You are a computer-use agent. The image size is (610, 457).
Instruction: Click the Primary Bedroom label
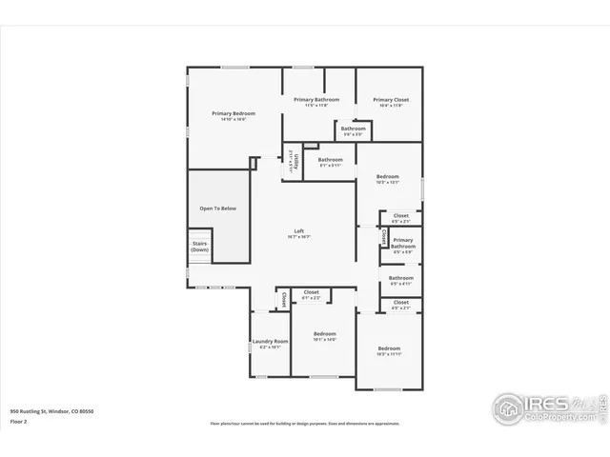pyautogui.click(x=233, y=113)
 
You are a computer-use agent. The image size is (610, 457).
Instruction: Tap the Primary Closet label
pyautogui.click(x=390, y=100)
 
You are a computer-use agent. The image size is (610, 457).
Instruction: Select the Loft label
pyautogui.click(x=298, y=231)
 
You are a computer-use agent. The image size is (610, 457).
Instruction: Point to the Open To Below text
pyautogui.click(x=217, y=208)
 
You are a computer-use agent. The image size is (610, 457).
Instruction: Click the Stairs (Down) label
pyautogui.click(x=199, y=246)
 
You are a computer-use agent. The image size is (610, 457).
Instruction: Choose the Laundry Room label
pyautogui.click(x=270, y=342)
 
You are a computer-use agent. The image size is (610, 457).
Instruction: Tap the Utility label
pyautogui.click(x=297, y=160)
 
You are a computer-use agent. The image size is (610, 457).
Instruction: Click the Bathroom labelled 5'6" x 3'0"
pyautogui.click(x=354, y=129)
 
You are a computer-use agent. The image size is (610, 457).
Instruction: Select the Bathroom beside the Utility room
pyautogui.click(x=331, y=160)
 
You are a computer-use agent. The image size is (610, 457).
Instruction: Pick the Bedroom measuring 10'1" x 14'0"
pyautogui.click(x=325, y=334)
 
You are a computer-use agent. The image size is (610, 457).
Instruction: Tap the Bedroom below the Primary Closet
pyautogui.click(x=387, y=177)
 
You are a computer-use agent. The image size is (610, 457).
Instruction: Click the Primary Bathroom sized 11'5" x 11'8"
pyautogui.click(x=316, y=100)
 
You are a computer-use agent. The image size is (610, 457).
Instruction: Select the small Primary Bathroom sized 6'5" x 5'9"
pyautogui.click(x=402, y=244)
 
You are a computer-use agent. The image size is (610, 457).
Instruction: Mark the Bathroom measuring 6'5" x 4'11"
pyautogui.click(x=401, y=279)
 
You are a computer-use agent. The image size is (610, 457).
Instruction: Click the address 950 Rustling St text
pyautogui.click(x=52, y=411)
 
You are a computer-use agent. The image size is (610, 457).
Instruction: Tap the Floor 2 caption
pyautogui.click(x=19, y=420)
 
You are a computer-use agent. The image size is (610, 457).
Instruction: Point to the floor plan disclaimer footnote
pyautogui.click(x=305, y=424)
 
